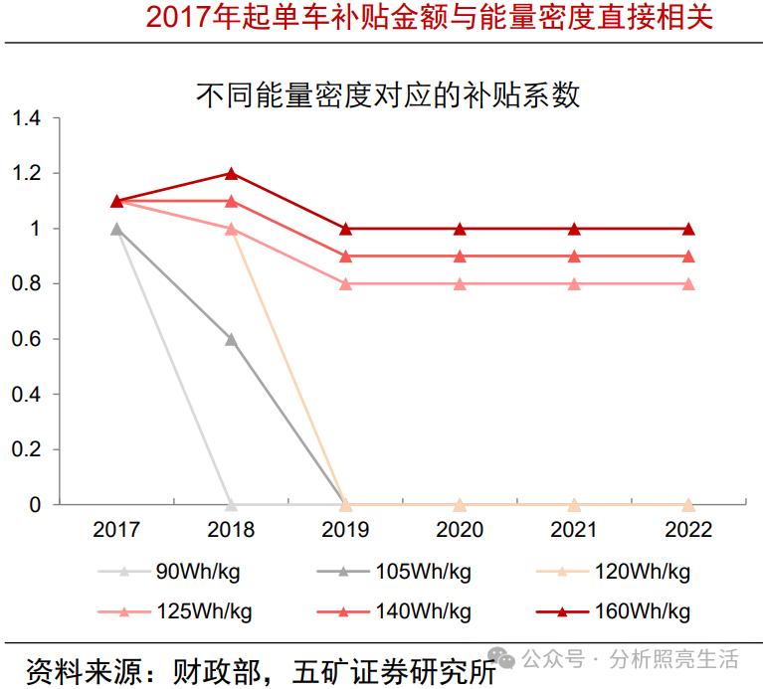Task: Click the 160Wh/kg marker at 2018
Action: point(231,173)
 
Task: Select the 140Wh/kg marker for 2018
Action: point(231,201)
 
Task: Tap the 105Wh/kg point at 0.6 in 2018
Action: point(231,339)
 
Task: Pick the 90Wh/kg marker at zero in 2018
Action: point(231,504)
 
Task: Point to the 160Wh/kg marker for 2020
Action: point(460,229)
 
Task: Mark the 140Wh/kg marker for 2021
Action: point(574,257)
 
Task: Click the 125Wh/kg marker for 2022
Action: point(688,283)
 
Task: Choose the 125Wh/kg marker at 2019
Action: point(345,283)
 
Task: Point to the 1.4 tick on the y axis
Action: point(27,118)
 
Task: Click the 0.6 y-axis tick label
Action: point(27,339)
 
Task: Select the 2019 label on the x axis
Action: point(345,529)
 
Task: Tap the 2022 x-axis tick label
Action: point(688,529)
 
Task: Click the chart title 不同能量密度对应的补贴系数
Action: point(388,95)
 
